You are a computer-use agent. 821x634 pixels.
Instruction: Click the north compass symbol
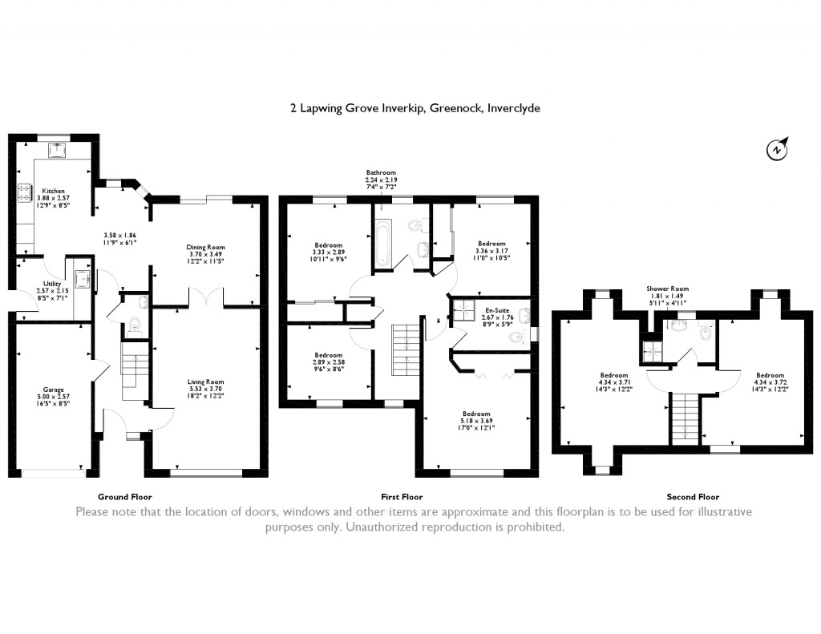point(777,150)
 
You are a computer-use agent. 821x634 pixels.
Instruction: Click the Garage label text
point(54,390)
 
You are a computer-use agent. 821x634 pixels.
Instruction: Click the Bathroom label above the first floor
point(381,172)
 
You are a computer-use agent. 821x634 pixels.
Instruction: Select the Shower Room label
point(668,289)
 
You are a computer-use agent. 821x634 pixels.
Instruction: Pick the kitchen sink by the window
point(56,150)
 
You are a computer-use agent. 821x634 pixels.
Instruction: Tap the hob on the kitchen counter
point(22,192)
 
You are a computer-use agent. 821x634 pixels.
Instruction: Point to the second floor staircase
point(684,417)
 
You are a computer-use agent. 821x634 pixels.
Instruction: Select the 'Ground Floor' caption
point(124,497)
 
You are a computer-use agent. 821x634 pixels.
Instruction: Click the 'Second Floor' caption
point(693,497)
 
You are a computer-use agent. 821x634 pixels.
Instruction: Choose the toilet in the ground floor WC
point(134,326)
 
